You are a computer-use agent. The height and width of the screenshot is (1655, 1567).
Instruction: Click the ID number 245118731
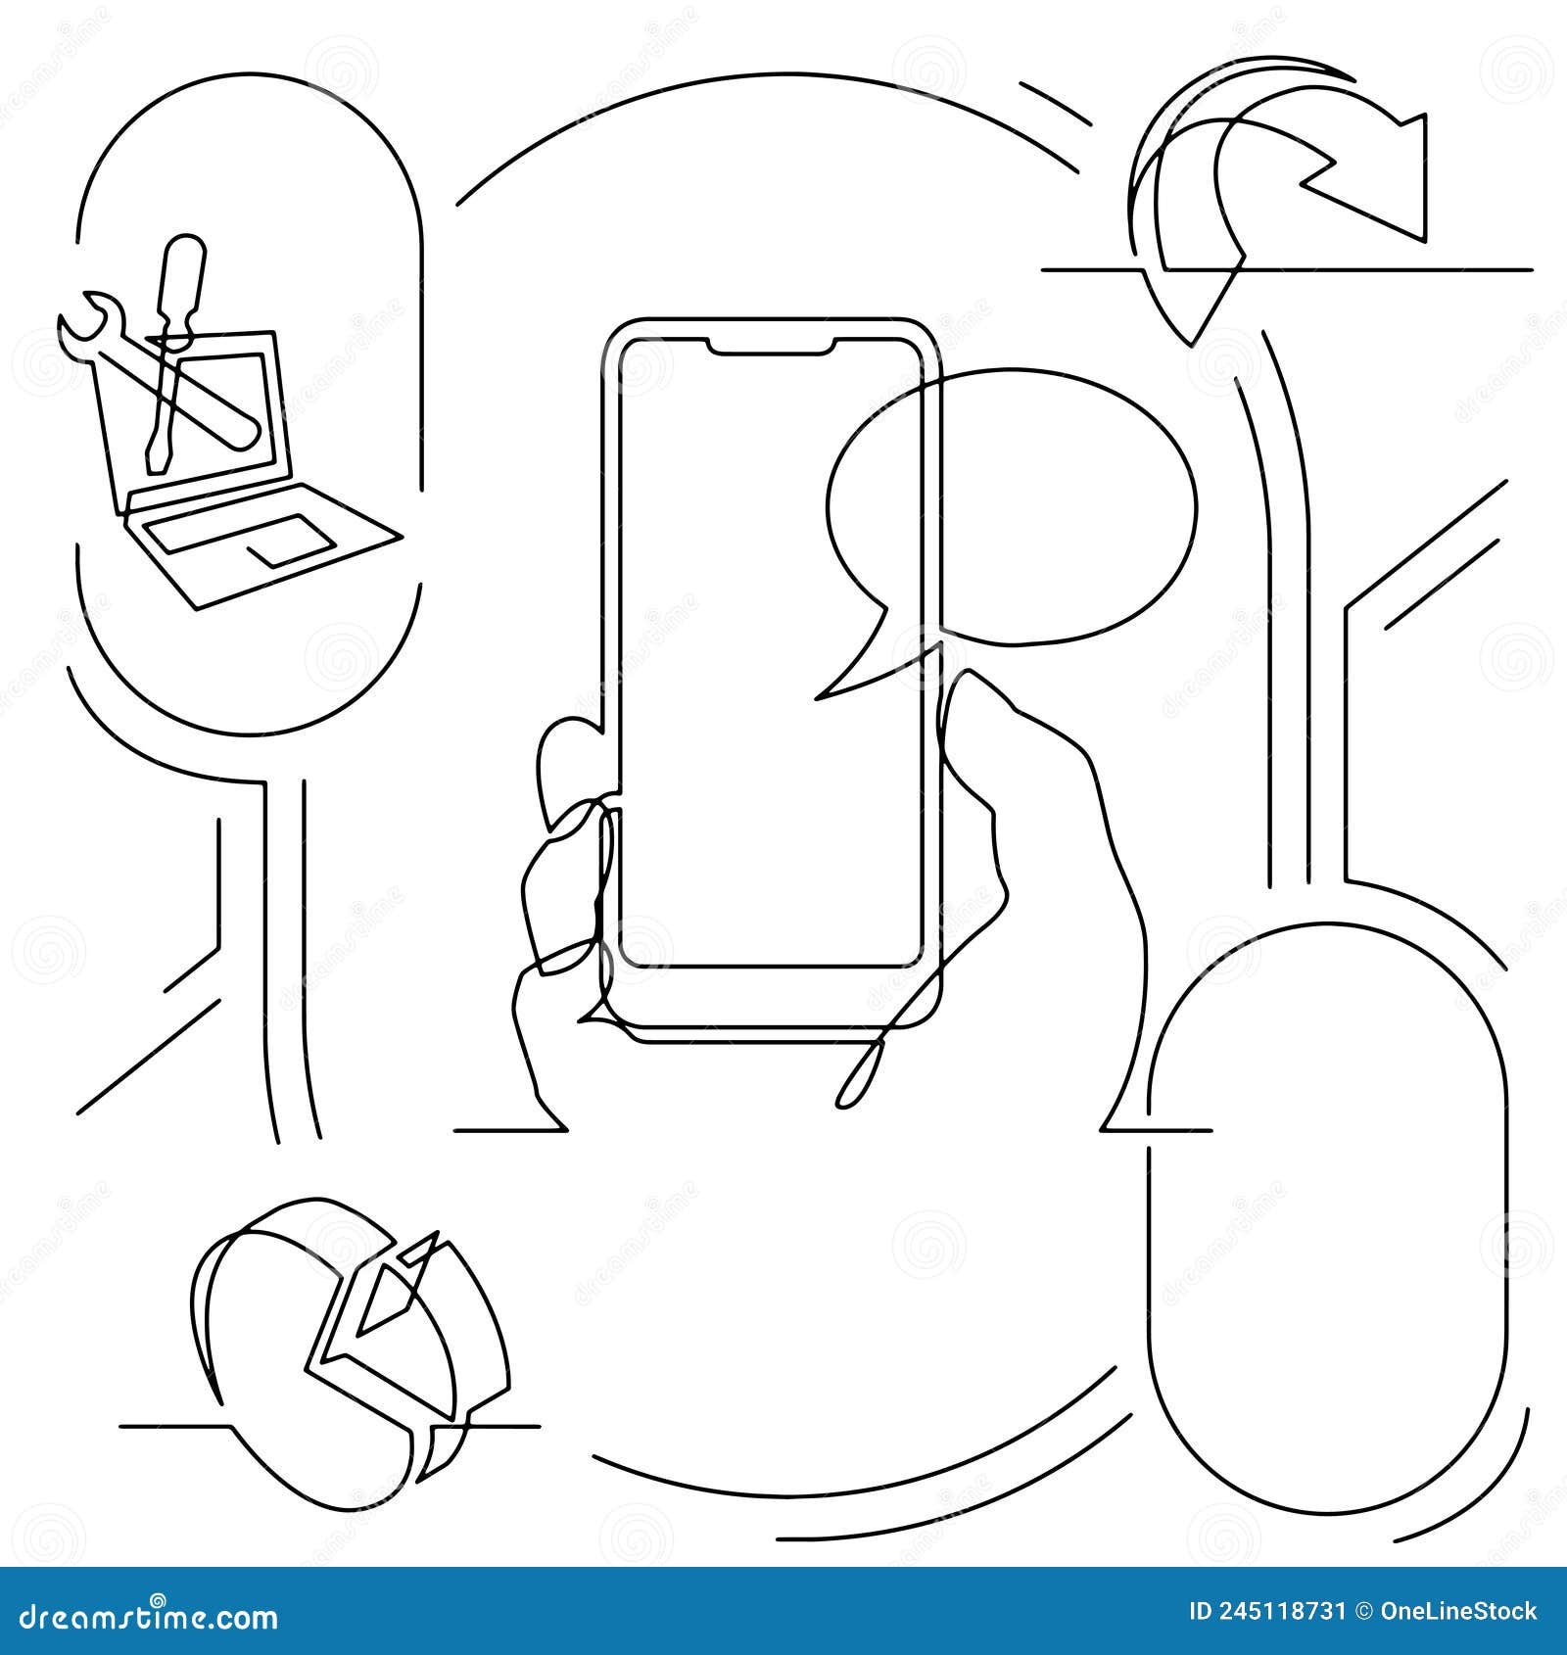(x=1272, y=1612)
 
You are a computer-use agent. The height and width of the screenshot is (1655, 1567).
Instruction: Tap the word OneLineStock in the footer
(x=1458, y=1612)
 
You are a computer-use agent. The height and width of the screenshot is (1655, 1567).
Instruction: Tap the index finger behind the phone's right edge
(x=979, y=744)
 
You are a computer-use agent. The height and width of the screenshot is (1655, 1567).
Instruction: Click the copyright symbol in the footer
(x=1360, y=1612)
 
